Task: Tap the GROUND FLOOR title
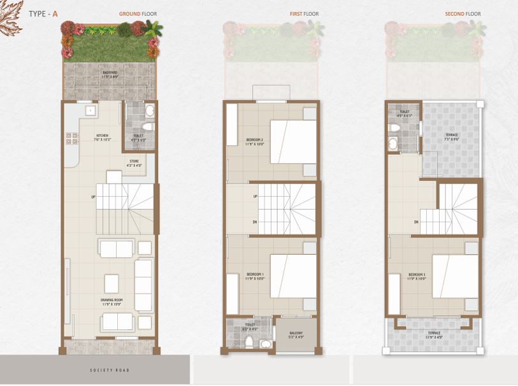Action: click(x=138, y=13)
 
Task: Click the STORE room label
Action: click(x=134, y=162)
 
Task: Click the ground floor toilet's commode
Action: click(x=149, y=111)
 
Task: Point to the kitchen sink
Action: click(x=91, y=110)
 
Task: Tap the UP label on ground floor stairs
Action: click(x=94, y=197)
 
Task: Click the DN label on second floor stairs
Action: click(x=415, y=222)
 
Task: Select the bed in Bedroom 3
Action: click(x=455, y=276)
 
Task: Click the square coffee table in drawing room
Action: click(x=113, y=282)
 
